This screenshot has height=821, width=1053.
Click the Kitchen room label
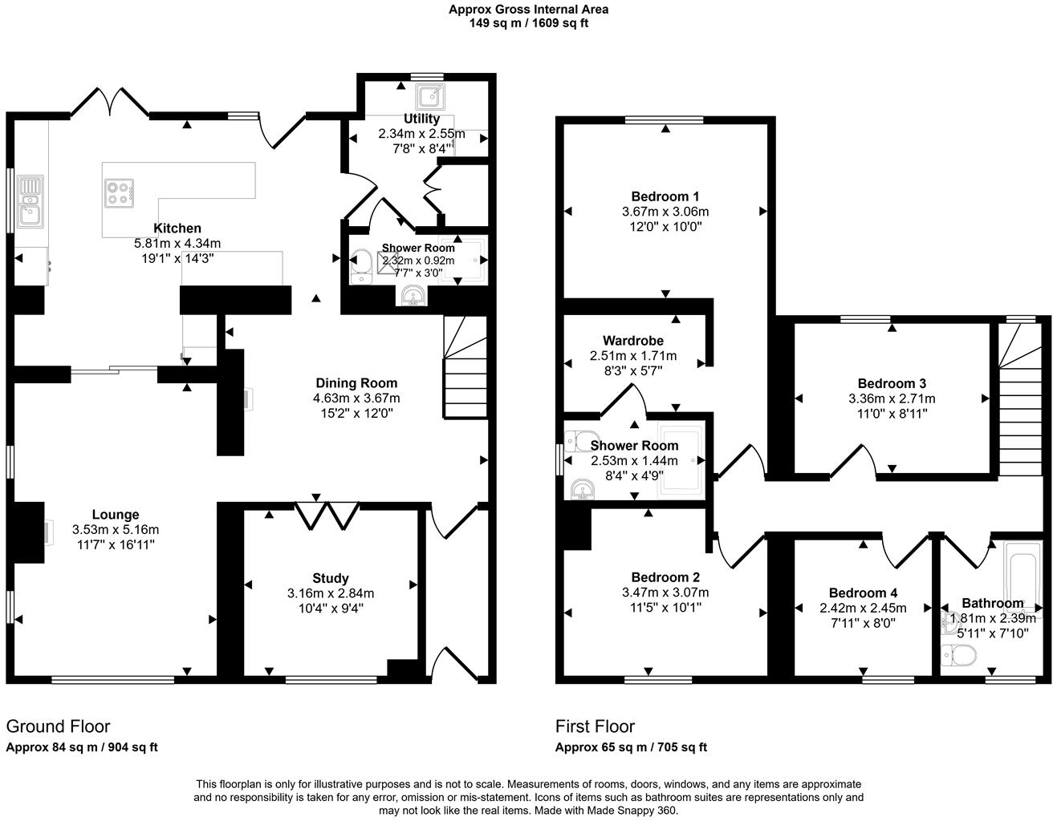(x=177, y=229)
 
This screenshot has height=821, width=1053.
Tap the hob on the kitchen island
(x=119, y=193)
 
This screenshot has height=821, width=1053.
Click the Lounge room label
(x=116, y=515)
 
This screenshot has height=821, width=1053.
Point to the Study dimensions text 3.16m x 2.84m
(x=331, y=593)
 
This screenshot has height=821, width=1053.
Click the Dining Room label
(x=356, y=382)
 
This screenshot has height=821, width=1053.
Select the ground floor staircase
(x=466, y=367)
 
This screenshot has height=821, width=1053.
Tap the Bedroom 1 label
(x=665, y=196)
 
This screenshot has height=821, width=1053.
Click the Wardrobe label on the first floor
(x=633, y=341)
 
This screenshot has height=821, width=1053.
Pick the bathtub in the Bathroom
(x=1022, y=577)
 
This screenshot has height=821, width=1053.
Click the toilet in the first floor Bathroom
(x=958, y=655)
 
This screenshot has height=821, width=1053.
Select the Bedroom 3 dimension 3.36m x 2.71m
(x=892, y=398)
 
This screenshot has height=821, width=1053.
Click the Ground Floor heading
(x=58, y=726)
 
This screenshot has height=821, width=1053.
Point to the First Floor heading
(x=595, y=726)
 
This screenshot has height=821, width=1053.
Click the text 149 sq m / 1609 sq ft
(x=528, y=23)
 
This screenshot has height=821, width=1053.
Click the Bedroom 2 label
(x=665, y=577)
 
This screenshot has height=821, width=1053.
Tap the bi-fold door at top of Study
(x=327, y=515)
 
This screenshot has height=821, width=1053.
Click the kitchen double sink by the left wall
(x=31, y=200)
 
